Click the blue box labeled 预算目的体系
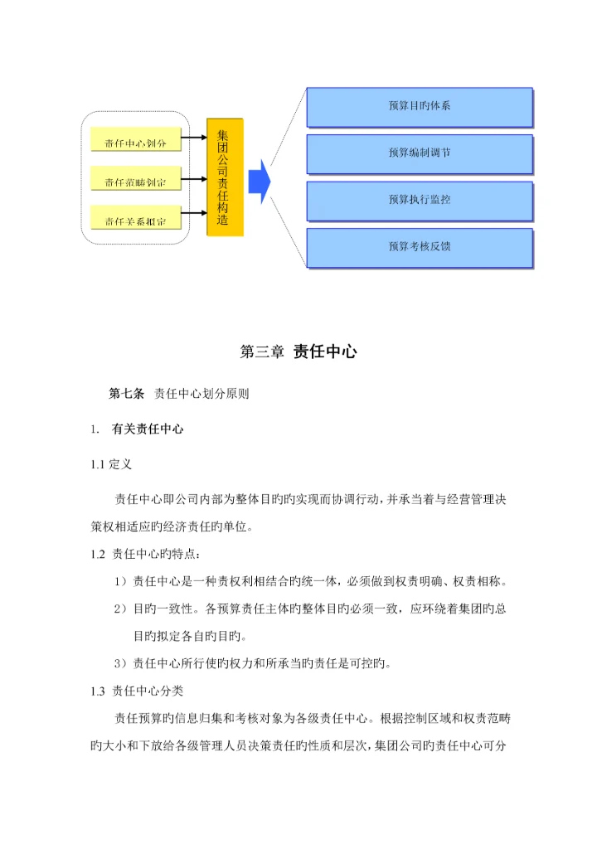(x=419, y=107)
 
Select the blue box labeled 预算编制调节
(x=419, y=153)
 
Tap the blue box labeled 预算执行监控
(x=419, y=200)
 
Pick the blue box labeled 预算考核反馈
(x=419, y=246)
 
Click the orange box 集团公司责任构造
(x=225, y=177)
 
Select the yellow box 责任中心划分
(x=134, y=143)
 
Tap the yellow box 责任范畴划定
(x=134, y=181)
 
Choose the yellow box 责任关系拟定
(x=134, y=220)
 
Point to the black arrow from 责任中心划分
(x=193, y=138)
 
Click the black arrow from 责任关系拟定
(x=193, y=214)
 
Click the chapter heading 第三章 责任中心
(x=298, y=352)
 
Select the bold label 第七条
(x=127, y=394)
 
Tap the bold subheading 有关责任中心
(x=147, y=429)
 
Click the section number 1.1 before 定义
(x=99, y=464)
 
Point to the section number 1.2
(x=99, y=554)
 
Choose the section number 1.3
(x=99, y=690)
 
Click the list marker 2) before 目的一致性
(x=120, y=609)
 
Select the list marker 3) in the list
(x=120, y=662)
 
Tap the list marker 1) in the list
(x=120, y=581)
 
